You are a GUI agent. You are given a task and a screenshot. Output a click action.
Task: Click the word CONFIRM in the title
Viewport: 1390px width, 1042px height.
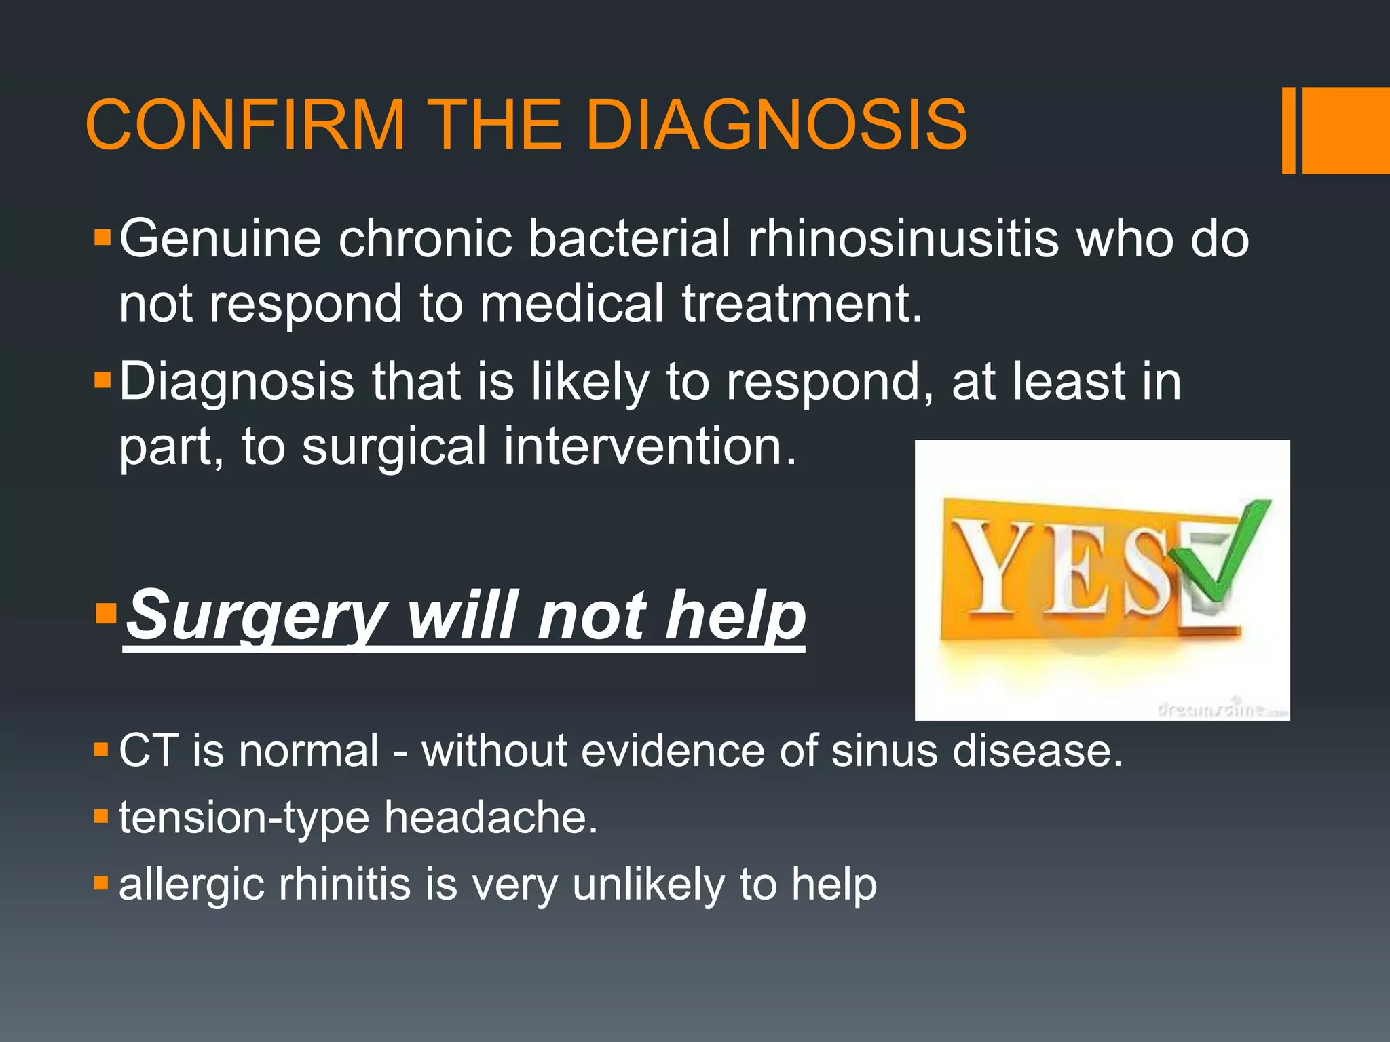tap(245, 126)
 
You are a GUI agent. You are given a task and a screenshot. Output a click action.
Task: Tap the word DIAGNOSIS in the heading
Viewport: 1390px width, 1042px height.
tap(776, 126)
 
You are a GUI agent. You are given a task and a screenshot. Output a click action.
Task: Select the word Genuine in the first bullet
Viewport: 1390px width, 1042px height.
tap(220, 239)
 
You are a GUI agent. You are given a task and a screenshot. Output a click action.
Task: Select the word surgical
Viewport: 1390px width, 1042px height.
tap(394, 446)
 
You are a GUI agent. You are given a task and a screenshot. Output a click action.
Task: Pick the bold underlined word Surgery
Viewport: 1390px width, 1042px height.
tap(257, 616)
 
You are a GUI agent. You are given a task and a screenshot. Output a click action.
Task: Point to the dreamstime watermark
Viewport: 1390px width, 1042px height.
tap(1222, 709)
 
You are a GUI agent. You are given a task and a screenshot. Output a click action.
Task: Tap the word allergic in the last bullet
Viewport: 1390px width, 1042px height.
tap(191, 885)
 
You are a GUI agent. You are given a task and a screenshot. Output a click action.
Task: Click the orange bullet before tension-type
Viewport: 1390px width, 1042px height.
tap(101, 815)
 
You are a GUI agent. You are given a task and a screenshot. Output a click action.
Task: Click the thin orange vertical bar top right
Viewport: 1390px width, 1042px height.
tap(1288, 130)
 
